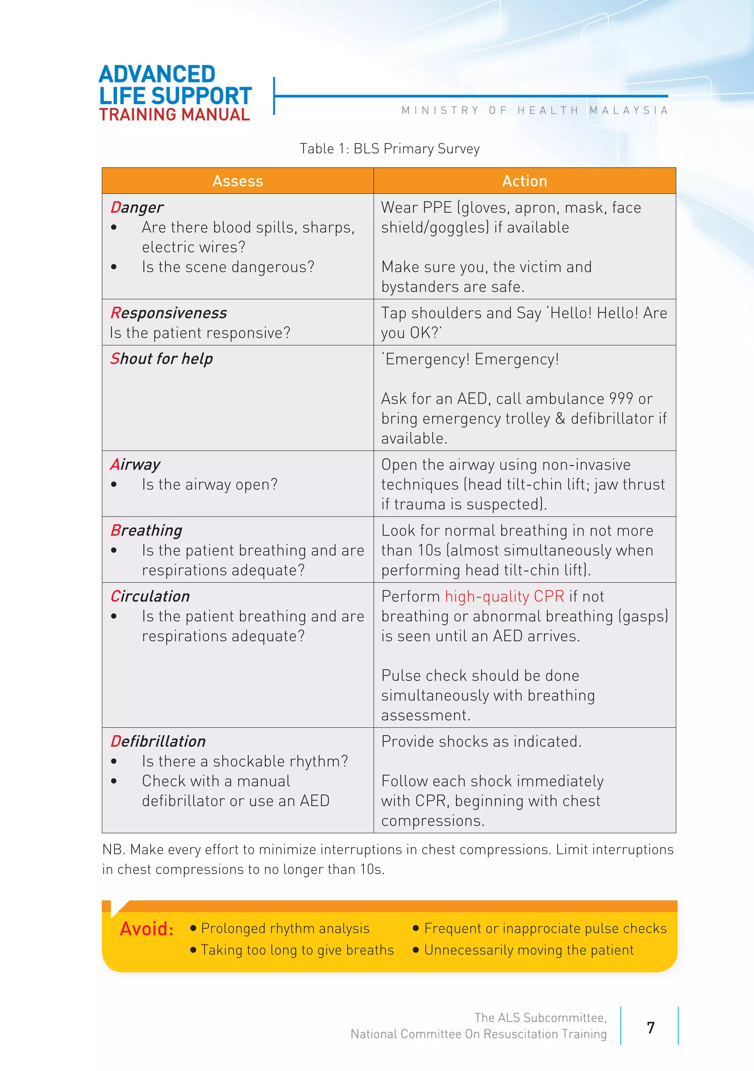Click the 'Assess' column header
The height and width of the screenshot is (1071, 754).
coord(238,181)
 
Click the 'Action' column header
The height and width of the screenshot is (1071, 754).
coord(524,181)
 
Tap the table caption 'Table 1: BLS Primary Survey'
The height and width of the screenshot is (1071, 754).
coord(390,149)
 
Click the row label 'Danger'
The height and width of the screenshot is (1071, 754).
coord(137,207)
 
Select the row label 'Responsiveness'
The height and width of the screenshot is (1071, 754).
coord(169,313)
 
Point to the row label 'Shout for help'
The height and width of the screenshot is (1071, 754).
coord(162,359)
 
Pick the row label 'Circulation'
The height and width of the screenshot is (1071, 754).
coord(150,596)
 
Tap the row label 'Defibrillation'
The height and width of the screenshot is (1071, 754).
coord(158,741)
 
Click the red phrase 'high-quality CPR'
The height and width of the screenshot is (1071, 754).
coord(504,596)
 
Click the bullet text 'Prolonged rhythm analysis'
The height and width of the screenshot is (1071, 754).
coord(285,928)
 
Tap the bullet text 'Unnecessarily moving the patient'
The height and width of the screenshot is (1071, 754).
coord(528,950)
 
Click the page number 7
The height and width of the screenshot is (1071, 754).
coord(651,1028)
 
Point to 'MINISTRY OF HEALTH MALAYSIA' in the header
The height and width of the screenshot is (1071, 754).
coord(535,111)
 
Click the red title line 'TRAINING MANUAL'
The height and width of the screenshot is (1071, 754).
coord(175,115)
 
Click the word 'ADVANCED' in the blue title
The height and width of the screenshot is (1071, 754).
coord(157,74)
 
